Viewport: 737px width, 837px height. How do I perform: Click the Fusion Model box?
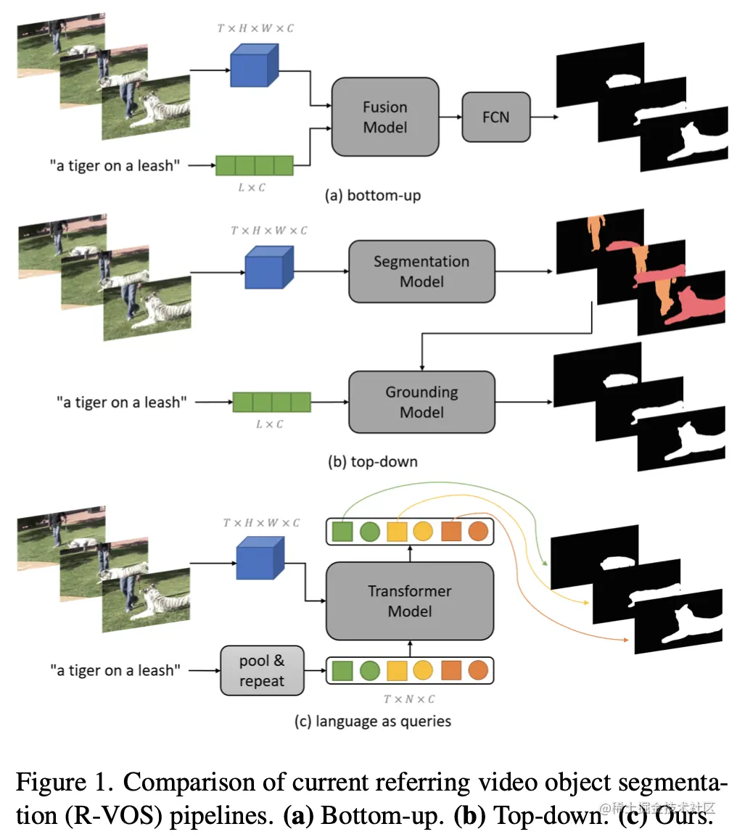384,117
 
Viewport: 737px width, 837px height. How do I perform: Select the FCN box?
495,116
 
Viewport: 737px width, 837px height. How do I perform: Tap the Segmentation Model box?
421,271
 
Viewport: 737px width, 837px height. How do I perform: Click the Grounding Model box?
421,402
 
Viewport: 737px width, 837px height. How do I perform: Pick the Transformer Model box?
409,601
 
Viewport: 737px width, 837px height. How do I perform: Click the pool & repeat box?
262,671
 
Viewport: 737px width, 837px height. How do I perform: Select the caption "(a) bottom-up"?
373,196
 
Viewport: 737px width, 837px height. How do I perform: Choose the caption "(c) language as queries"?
372,721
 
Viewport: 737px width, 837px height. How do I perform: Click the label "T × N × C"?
409,699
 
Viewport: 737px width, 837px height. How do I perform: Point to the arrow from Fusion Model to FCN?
450,117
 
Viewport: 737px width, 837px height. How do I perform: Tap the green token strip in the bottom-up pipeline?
255,165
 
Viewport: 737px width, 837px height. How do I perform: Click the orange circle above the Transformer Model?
477,532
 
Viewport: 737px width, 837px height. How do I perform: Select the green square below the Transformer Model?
342,670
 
